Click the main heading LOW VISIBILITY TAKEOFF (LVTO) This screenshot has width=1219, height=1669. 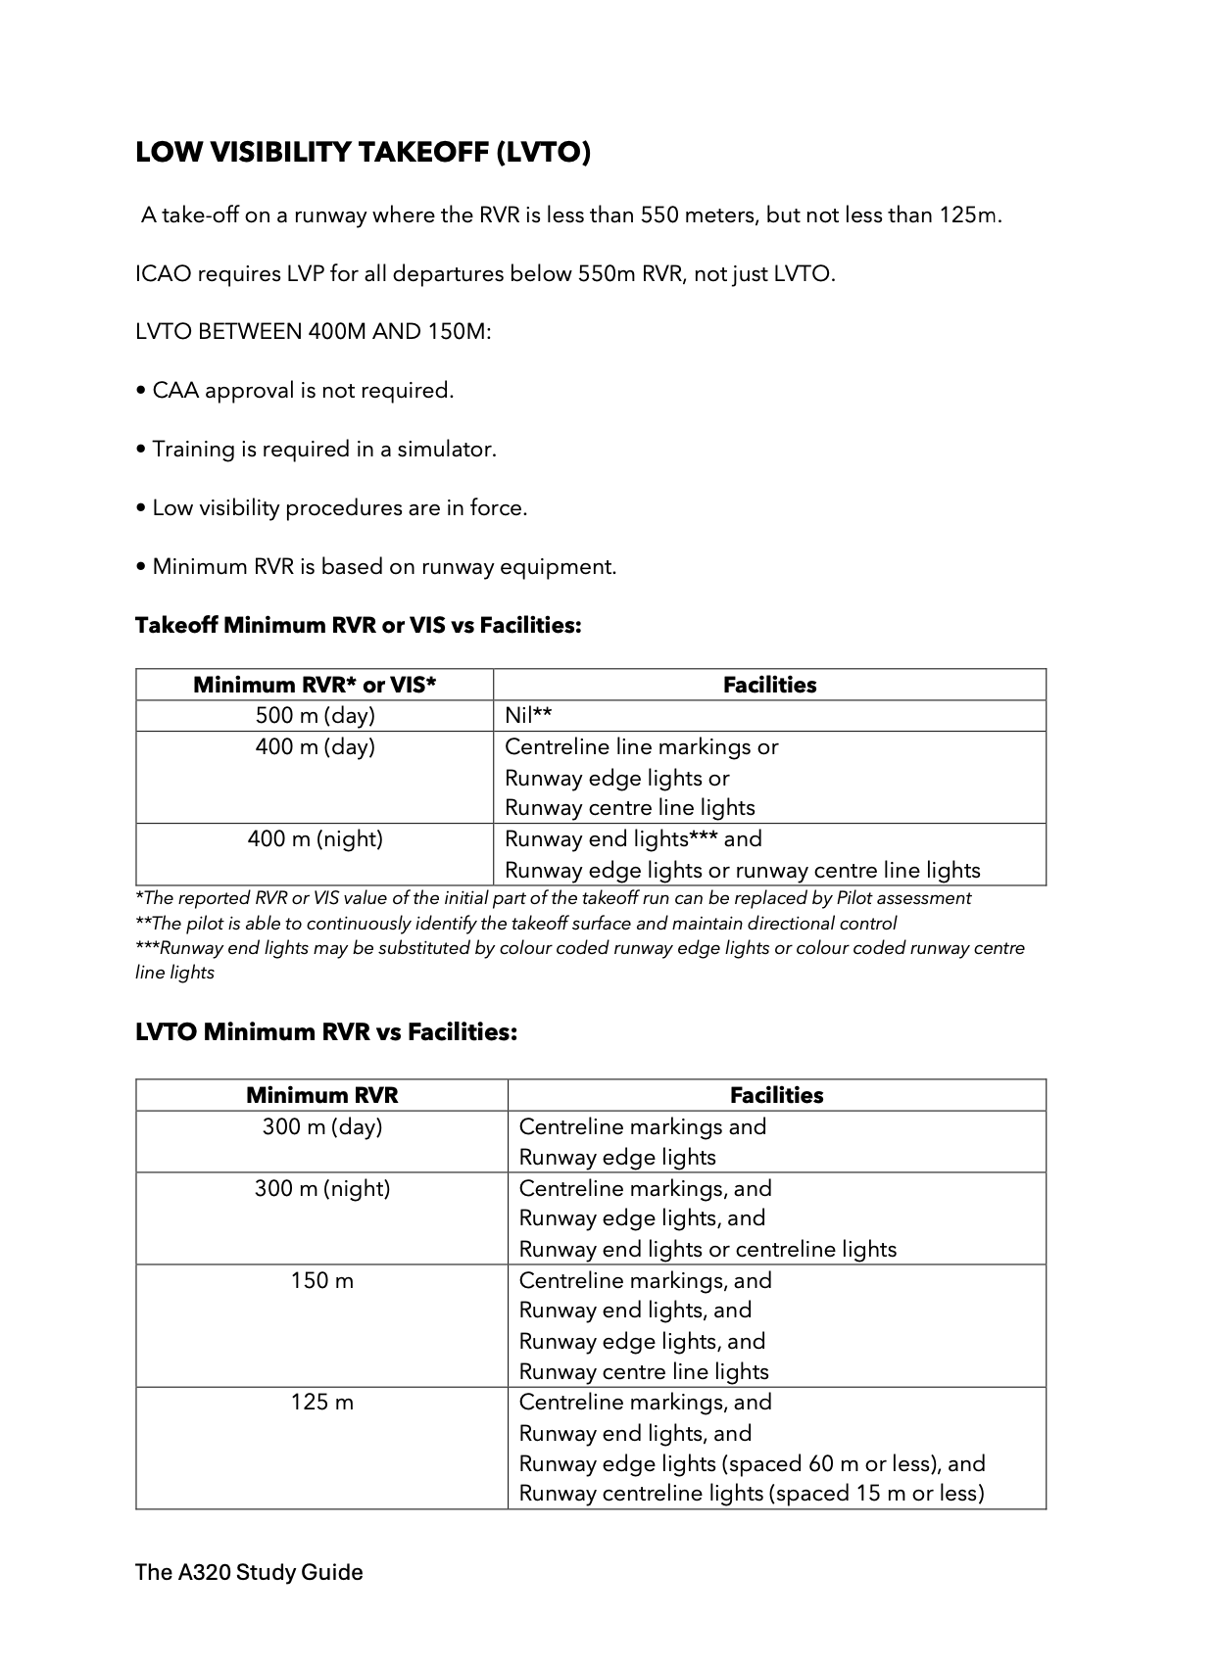click(x=363, y=153)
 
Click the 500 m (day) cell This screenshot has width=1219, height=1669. click(x=315, y=716)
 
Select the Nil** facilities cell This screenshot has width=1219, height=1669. click(x=528, y=716)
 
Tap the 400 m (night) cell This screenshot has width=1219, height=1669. click(x=315, y=839)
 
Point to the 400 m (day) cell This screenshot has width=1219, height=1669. click(x=315, y=747)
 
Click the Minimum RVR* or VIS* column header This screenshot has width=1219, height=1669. click(x=315, y=685)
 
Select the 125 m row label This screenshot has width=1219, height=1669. click(x=321, y=1403)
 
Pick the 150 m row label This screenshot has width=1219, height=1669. click(x=321, y=1281)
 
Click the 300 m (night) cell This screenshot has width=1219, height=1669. click(x=321, y=1189)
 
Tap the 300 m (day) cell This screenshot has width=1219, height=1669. click(x=321, y=1127)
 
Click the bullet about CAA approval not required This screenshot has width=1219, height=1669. click(x=294, y=391)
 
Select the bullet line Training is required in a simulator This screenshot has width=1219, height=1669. click(x=316, y=450)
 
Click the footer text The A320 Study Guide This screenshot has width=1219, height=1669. click(x=249, y=1573)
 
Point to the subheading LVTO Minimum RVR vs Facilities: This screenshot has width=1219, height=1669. click(x=325, y=1032)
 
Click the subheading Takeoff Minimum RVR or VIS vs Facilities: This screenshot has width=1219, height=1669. click(x=358, y=625)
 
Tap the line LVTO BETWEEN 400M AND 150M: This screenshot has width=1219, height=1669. click(x=313, y=332)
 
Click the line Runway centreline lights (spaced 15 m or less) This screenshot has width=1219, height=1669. click(x=751, y=1494)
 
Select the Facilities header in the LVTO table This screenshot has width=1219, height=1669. click(x=776, y=1095)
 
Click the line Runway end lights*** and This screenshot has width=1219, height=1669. click(x=633, y=839)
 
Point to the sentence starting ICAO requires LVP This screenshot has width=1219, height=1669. click(x=485, y=274)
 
